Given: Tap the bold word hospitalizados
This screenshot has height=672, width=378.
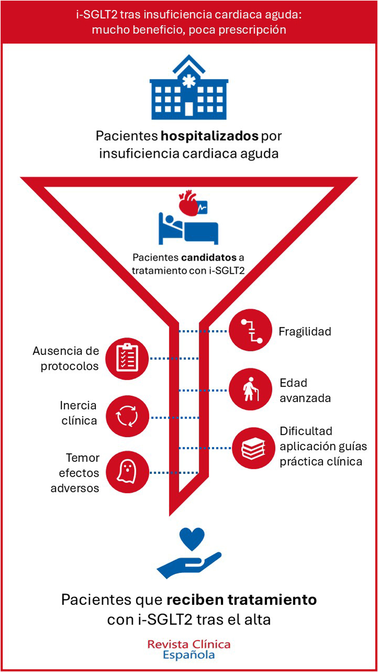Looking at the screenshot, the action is (x=209, y=136).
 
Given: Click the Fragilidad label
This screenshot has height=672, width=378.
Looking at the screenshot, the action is (x=305, y=332).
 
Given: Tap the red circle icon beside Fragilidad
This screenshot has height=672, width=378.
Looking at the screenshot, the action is (x=250, y=330).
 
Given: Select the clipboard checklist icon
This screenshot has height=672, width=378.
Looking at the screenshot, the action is (x=127, y=358).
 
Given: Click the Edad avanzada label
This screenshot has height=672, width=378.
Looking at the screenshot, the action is (x=305, y=390).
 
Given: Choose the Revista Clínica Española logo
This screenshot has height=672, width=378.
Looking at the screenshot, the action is (x=189, y=649).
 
